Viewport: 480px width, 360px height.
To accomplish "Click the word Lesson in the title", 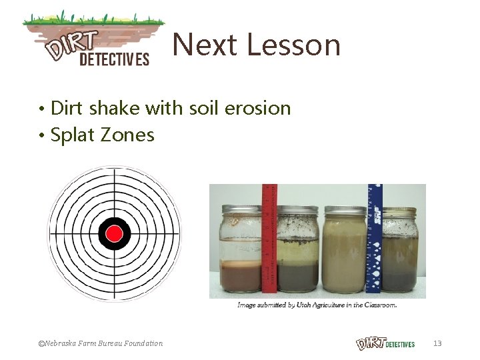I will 294,45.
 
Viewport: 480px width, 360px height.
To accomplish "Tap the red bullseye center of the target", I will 115,233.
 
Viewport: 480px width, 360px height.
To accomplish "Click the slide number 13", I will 437,343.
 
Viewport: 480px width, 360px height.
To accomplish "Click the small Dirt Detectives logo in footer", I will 385,343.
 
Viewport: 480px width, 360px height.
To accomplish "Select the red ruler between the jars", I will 269,239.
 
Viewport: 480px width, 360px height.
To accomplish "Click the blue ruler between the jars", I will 373,239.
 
